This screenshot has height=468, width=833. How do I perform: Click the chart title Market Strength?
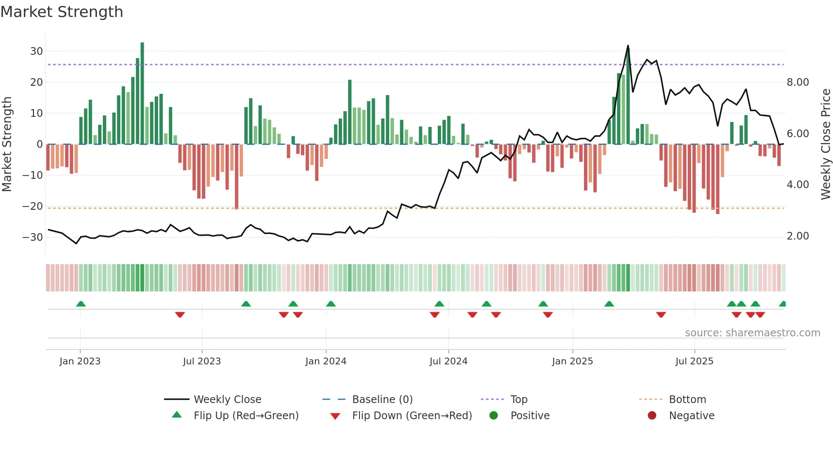pyautogui.click(x=62, y=12)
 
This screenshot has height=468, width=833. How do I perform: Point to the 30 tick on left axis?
pyautogui.click(x=37, y=51)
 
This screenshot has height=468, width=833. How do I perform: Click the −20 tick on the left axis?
pyautogui.click(x=33, y=206)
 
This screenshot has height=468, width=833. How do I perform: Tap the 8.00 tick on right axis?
pyautogui.click(x=798, y=82)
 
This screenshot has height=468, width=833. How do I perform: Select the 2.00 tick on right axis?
pyautogui.click(x=798, y=236)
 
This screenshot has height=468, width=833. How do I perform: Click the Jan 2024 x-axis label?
pyautogui.click(x=326, y=361)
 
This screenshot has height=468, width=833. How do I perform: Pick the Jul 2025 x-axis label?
pyautogui.click(x=694, y=361)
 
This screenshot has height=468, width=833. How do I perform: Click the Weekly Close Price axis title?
pyautogui.click(x=825, y=144)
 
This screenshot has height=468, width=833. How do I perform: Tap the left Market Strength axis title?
pyautogui.click(x=7, y=144)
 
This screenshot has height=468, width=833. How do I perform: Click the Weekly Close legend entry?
pyautogui.click(x=227, y=400)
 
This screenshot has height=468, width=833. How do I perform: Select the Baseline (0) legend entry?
pyautogui.click(x=382, y=400)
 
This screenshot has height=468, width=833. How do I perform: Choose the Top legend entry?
pyautogui.click(x=518, y=400)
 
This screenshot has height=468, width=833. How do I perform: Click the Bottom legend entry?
pyautogui.click(x=687, y=400)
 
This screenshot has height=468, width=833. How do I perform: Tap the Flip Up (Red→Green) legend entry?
pyautogui.click(x=246, y=416)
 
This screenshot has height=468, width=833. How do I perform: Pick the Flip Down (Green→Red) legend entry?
pyautogui.click(x=412, y=416)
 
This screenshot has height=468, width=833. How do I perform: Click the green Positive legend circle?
pyautogui.click(x=493, y=415)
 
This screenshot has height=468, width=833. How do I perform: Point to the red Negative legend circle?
pyautogui.click(x=652, y=415)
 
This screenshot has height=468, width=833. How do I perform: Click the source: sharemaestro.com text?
pyautogui.click(x=752, y=333)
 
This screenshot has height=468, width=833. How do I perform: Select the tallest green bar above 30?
pyautogui.click(x=142, y=93)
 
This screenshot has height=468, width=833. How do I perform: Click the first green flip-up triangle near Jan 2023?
pyautogui.click(x=81, y=304)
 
